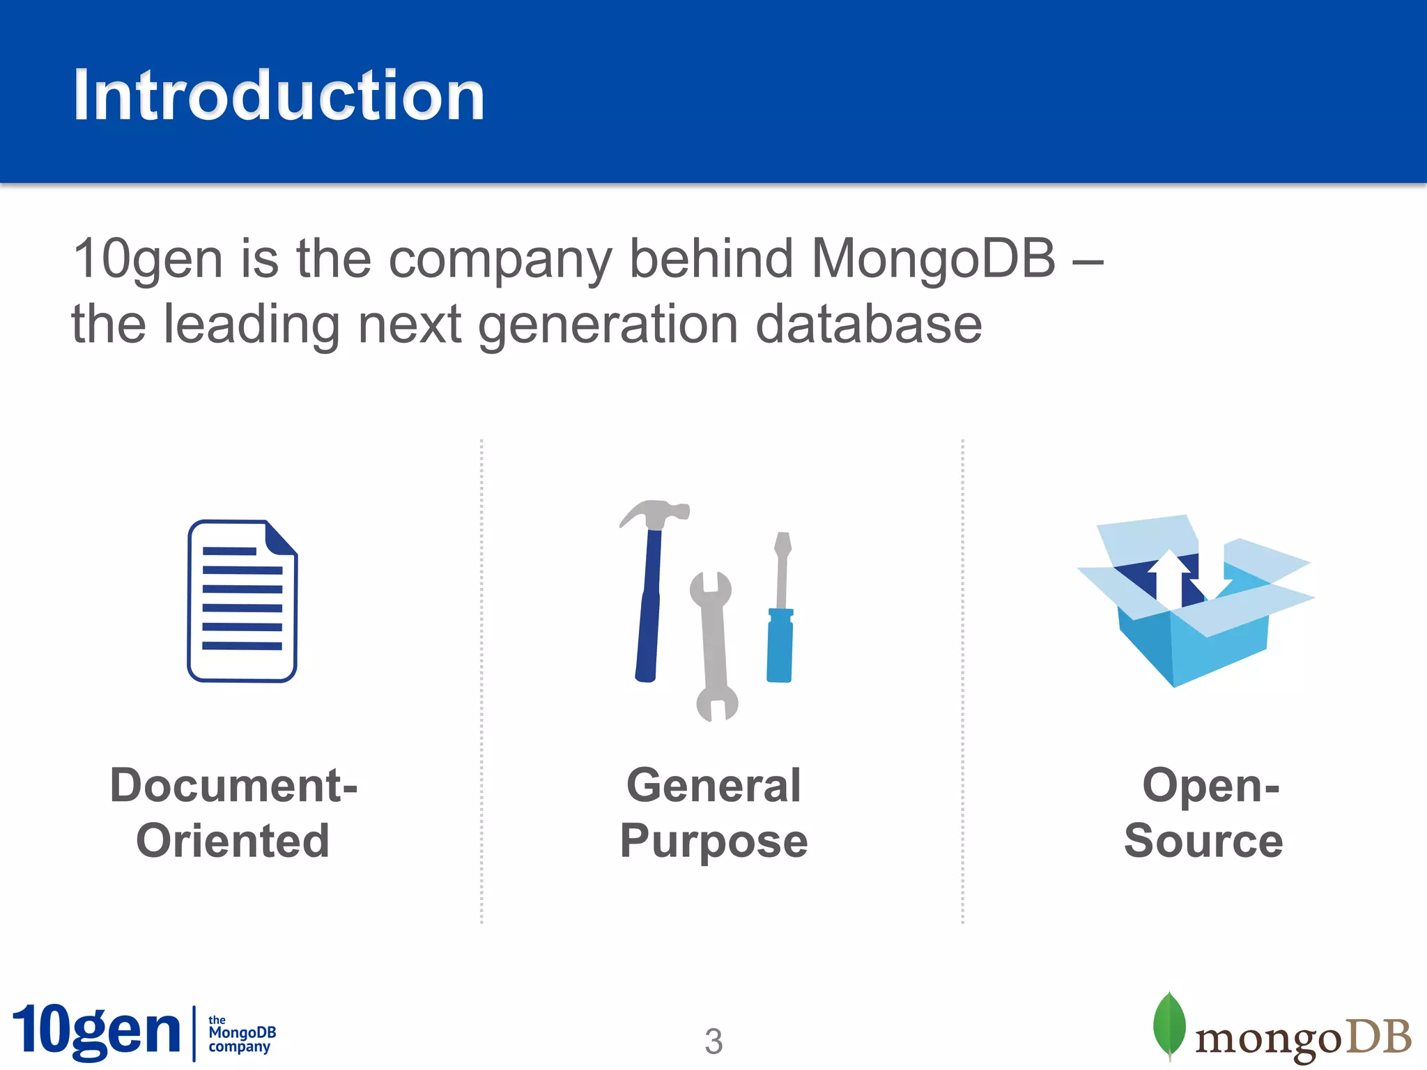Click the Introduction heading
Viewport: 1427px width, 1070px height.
[279, 95]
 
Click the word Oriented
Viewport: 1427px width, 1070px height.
[233, 841]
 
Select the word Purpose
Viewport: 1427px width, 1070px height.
[713, 841]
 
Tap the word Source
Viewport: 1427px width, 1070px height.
[1203, 841]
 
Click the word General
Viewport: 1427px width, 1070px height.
[713, 786]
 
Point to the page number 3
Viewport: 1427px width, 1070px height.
[713, 1041]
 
